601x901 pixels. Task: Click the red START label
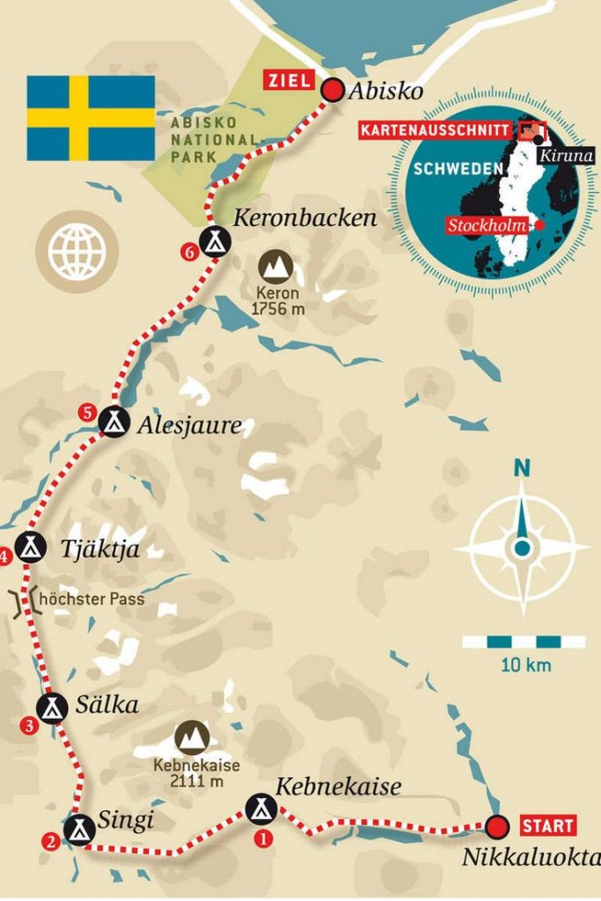click(x=548, y=826)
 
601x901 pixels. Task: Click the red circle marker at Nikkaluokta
click(x=497, y=826)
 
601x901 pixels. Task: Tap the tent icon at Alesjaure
click(x=113, y=421)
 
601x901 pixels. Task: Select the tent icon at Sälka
click(x=52, y=706)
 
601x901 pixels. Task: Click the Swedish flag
click(x=91, y=118)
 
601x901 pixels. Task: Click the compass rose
click(x=522, y=547)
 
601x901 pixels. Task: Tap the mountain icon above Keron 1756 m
click(x=275, y=266)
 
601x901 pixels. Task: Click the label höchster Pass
click(x=88, y=600)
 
